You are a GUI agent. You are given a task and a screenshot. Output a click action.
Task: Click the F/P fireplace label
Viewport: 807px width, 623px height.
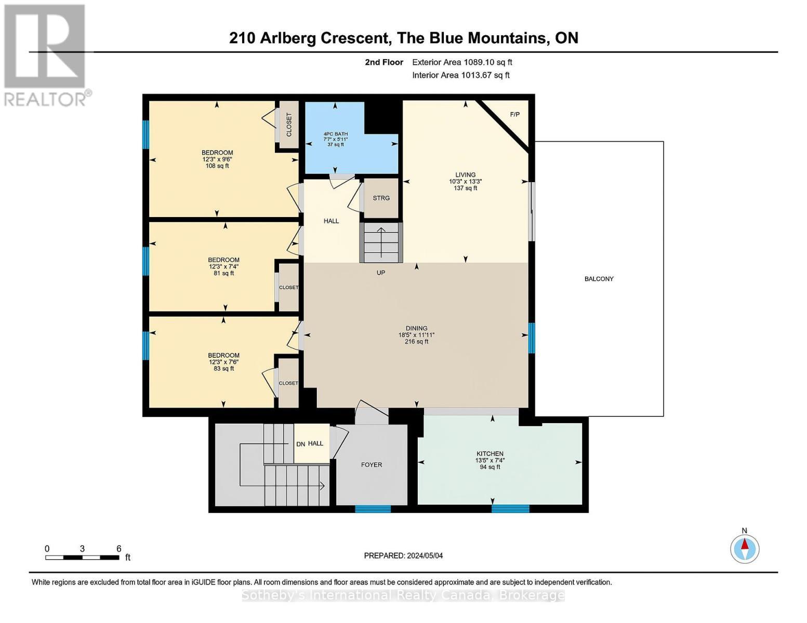(514, 114)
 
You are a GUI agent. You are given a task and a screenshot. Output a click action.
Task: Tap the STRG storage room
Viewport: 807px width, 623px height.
(381, 198)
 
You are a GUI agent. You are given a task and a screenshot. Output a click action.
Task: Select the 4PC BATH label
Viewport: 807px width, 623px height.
(335, 134)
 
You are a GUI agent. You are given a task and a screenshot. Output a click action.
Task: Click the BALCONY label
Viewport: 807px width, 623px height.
(599, 279)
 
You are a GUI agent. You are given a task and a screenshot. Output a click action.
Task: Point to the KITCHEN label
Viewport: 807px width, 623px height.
(490, 454)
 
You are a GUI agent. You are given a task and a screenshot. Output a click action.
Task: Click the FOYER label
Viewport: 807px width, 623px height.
(372, 465)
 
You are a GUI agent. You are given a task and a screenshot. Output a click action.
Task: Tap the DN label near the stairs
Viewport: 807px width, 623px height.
(300, 444)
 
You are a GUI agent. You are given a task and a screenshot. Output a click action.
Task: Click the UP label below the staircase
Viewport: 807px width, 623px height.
(381, 273)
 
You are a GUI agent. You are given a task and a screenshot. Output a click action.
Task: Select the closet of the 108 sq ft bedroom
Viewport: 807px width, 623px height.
(289, 125)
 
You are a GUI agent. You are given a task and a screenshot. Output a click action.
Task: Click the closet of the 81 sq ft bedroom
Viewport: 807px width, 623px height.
(289, 287)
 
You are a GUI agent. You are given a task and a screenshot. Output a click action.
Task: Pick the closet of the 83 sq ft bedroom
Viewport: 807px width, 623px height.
(289, 383)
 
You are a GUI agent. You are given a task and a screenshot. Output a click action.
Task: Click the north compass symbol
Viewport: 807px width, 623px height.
(745, 548)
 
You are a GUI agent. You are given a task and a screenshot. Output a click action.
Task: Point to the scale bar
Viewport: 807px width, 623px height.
(82, 558)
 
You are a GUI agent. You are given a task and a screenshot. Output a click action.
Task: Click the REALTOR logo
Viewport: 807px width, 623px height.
(46, 55)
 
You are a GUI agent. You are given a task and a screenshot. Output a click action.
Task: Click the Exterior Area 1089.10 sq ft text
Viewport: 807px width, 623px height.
(462, 62)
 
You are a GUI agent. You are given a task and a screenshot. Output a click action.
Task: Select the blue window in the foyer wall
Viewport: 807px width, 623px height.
(373, 509)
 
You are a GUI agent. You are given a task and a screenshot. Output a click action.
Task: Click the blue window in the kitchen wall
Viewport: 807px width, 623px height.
(510, 509)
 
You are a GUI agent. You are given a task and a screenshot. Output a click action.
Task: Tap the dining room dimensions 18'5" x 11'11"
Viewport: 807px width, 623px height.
(416, 335)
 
